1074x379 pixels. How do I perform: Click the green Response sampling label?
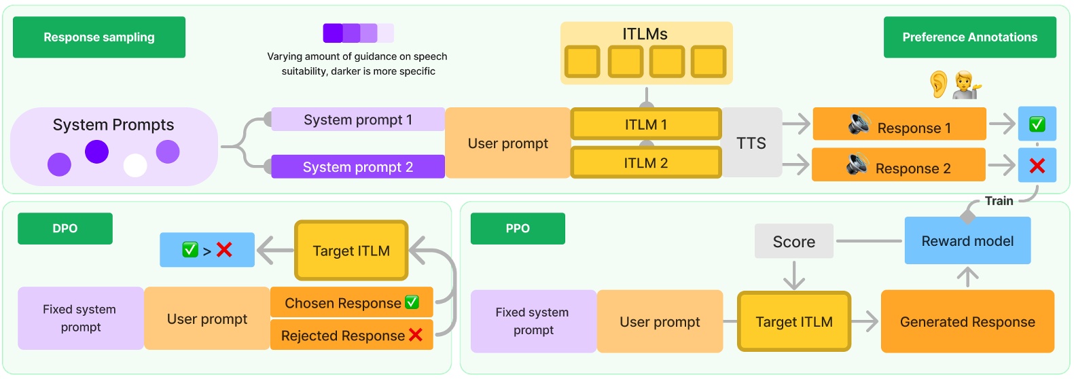tap(99, 37)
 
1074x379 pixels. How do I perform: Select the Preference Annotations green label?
tap(969, 37)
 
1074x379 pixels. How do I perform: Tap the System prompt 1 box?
tap(358, 120)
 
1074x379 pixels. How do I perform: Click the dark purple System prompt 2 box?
tap(358, 167)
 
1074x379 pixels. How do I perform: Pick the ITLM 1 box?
tap(645, 124)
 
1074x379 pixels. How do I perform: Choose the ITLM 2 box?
tap(645, 163)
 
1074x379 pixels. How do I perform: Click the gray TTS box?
tap(751, 143)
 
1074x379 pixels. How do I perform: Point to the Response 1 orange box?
tap(899, 124)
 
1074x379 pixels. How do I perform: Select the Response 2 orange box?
tap(898, 165)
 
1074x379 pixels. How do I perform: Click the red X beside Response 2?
tap(1037, 166)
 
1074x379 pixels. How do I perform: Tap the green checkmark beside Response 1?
tap(1037, 124)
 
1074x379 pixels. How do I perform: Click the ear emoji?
tap(938, 84)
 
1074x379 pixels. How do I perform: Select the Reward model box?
tap(967, 241)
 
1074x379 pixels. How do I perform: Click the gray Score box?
tap(793, 242)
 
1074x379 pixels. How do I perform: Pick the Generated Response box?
tap(967, 322)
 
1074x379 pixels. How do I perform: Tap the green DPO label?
tap(65, 228)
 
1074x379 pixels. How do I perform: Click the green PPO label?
tap(518, 228)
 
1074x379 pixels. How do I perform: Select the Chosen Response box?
tap(351, 303)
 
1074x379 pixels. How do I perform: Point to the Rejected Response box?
tap(351, 336)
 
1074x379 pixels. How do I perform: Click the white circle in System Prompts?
tap(135, 165)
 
